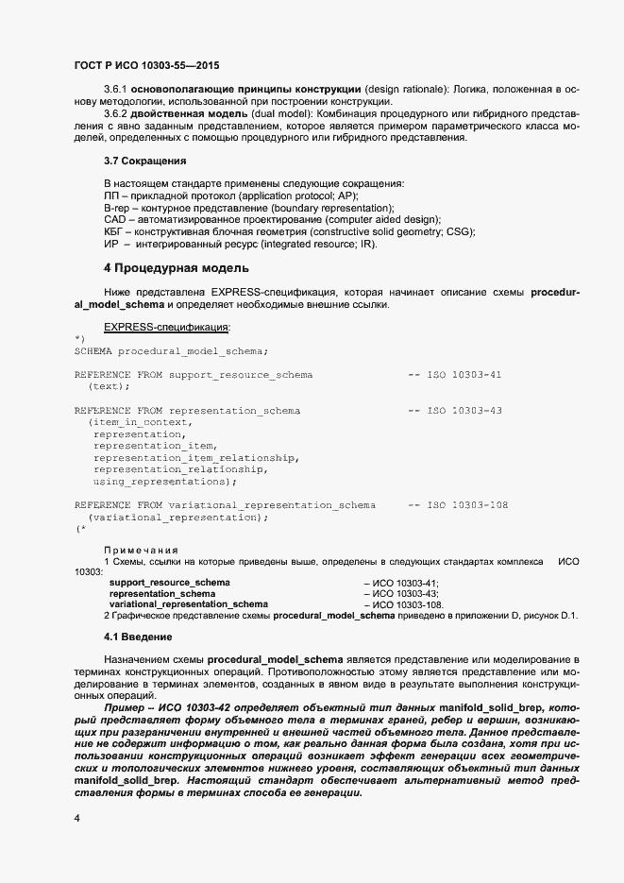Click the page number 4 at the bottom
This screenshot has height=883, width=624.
76,817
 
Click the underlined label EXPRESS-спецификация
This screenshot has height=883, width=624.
166,327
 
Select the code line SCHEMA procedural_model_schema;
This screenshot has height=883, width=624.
171,350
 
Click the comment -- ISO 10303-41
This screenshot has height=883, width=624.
454,375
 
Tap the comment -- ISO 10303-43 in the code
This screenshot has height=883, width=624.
454,411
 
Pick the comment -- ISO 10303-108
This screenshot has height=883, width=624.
458,505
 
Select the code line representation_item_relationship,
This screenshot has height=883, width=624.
196,458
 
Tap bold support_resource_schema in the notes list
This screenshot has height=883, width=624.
170,583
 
